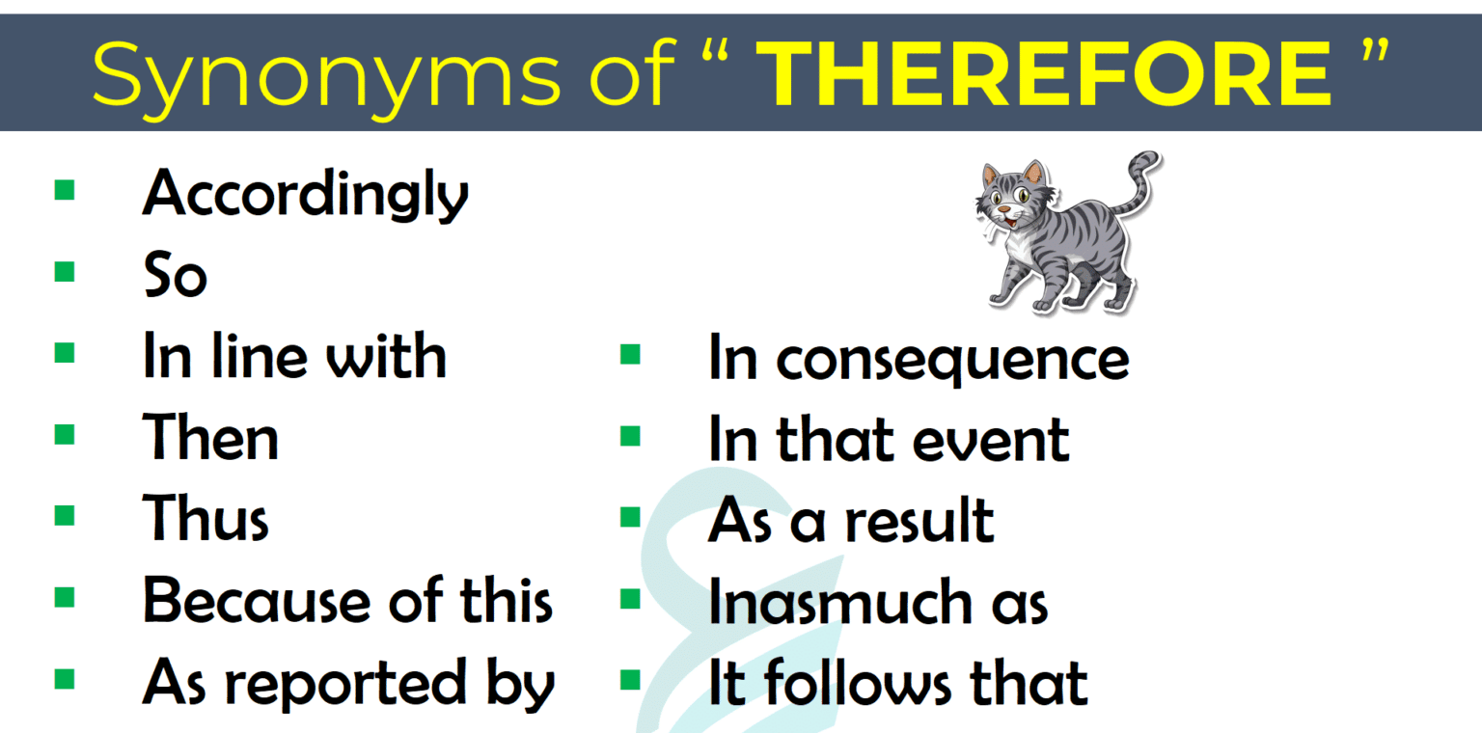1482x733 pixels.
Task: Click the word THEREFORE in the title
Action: [x=1044, y=74]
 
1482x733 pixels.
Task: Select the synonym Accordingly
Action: [x=305, y=194]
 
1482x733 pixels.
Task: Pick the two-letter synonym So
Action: [x=175, y=276]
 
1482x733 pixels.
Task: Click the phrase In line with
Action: [x=294, y=356]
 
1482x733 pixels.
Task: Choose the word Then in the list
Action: [x=210, y=438]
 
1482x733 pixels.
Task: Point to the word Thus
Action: [x=206, y=519]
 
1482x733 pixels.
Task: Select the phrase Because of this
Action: [x=347, y=601]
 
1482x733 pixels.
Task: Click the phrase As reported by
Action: [x=348, y=683]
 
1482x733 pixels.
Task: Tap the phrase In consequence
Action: [x=918, y=359]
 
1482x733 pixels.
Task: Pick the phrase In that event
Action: [x=889, y=440]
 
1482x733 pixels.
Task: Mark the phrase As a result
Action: [x=850, y=521]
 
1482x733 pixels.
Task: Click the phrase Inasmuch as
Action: [x=877, y=603]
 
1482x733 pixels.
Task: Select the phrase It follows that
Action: [x=897, y=683]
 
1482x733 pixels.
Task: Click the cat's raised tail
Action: [x=1141, y=183]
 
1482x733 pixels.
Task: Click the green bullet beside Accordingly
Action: [x=65, y=189]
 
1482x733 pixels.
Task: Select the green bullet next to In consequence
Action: [x=630, y=354]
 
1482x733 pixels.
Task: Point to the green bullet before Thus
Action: [x=65, y=515]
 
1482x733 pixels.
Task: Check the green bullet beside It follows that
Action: [x=630, y=680]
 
